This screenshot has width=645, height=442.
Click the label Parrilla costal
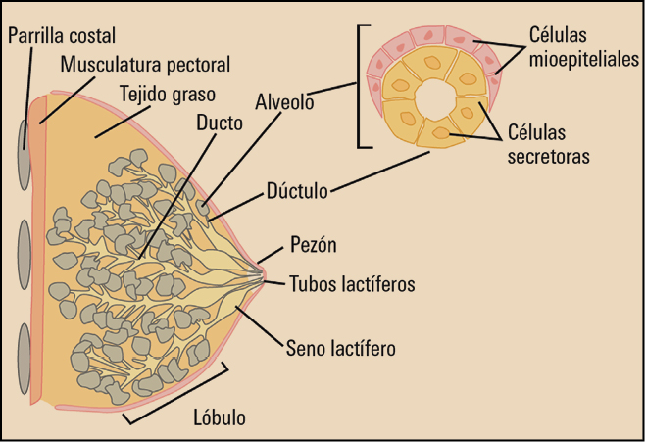tap(61, 36)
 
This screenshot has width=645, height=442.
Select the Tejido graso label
tap(166, 95)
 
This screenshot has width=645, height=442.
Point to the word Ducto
tap(218, 125)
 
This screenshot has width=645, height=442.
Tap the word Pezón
tap(314, 244)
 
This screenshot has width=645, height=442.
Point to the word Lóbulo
tap(220, 417)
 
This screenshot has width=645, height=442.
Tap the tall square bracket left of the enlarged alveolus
tap(362, 86)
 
